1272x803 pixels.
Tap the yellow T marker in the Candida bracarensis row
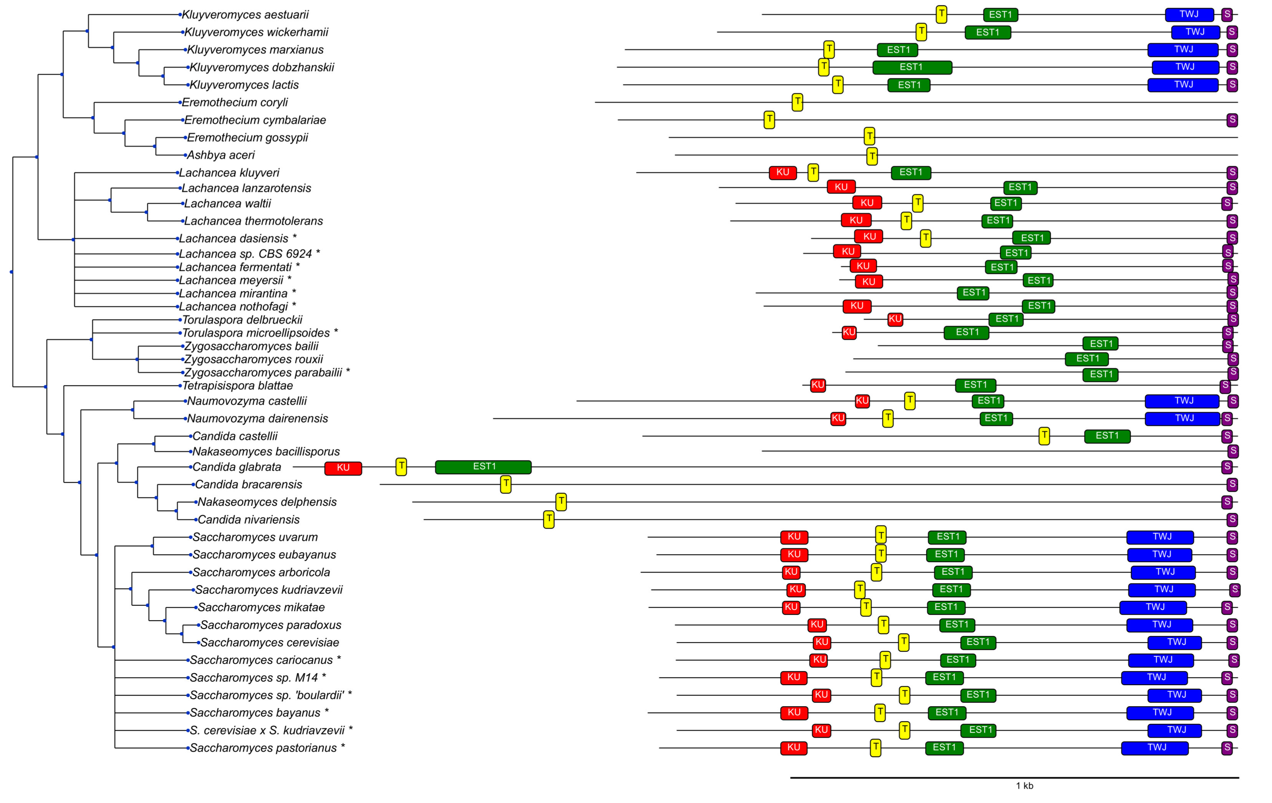505,484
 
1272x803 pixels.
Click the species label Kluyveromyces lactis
243,84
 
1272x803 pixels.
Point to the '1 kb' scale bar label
1024,786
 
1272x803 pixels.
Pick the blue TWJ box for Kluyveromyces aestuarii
1189,14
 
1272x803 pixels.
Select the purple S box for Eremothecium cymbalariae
1232,120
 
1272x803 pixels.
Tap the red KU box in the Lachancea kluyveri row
782,172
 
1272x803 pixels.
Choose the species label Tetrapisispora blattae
237,386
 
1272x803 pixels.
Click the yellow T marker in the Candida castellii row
1044,436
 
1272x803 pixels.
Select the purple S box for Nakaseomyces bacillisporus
1232,451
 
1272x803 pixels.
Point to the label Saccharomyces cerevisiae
269,642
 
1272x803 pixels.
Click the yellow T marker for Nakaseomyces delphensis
561,501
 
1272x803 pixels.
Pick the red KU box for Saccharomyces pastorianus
793,748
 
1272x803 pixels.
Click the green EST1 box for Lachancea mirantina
972,293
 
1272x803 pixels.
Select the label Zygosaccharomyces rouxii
253,359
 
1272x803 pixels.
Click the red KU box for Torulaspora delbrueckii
895,319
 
